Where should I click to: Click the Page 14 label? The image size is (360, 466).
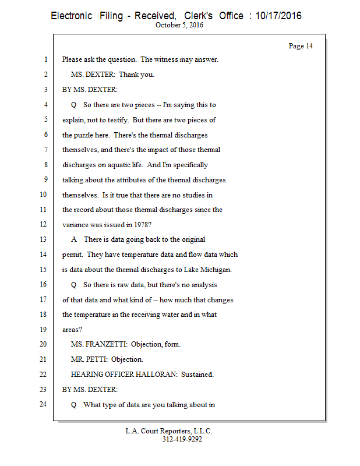click(x=301, y=46)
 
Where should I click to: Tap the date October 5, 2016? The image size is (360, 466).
click(x=180, y=25)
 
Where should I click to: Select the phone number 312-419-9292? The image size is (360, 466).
click(x=182, y=439)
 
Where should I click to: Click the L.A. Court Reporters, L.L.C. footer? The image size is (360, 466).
click(x=169, y=431)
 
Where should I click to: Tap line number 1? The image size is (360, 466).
click(x=45, y=59)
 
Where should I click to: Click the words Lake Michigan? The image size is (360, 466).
click(x=212, y=269)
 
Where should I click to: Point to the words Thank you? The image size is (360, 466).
click(x=136, y=75)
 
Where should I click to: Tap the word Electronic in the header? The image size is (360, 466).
click(x=71, y=16)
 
